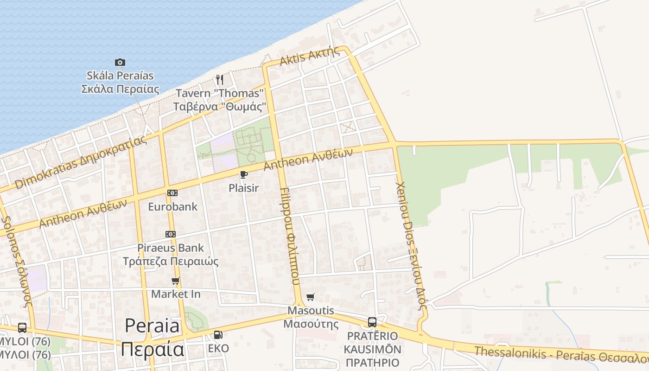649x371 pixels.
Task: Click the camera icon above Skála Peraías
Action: pos(120,62)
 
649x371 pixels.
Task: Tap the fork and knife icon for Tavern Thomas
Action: pos(220,80)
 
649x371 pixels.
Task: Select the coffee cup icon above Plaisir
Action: pos(243,175)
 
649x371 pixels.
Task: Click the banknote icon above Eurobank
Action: pos(172,193)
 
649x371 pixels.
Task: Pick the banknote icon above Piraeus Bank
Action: pos(171,234)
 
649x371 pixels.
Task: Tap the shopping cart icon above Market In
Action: pos(176,281)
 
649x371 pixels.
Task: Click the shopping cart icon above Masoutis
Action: pos(311,297)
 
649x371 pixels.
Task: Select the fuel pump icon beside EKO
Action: pos(218,334)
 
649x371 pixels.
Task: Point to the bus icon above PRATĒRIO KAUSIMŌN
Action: pos(372,322)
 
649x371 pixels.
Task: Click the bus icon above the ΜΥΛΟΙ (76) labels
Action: pos(22,328)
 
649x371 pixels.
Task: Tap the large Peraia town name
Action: pos(152,326)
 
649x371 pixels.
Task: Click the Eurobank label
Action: pos(172,207)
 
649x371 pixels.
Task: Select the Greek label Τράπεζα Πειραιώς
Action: pos(171,262)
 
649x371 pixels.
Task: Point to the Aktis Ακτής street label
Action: pos(310,57)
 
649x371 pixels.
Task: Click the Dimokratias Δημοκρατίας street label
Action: pos(81,163)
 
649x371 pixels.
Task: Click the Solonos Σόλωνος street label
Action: pos(17,262)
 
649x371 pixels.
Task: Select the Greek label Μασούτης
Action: pos(311,324)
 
